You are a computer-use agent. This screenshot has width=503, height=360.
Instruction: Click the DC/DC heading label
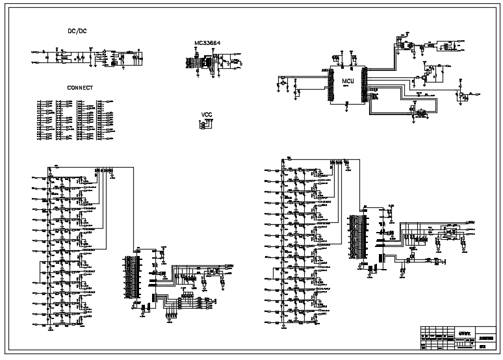(77, 31)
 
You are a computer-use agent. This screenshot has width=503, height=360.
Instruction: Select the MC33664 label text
(207, 44)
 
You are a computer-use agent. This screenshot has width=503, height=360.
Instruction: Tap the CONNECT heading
(80, 88)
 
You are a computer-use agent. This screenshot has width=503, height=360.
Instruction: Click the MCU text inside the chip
(348, 81)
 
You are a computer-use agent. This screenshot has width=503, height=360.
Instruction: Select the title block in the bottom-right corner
(458, 338)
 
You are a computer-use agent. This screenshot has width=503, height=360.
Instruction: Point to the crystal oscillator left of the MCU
(284, 83)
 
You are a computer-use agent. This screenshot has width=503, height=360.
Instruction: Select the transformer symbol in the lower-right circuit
(448, 230)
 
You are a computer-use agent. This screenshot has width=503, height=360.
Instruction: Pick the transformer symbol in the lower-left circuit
(212, 272)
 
